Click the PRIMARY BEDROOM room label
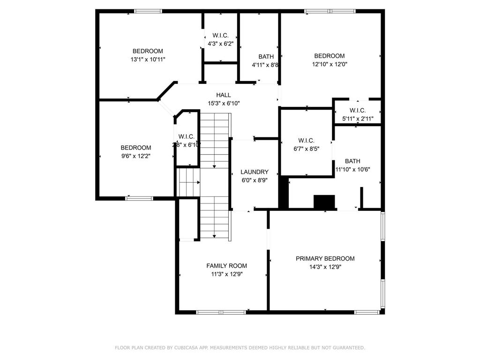click(325, 258)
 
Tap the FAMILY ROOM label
click(226, 266)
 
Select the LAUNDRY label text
click(255, 172)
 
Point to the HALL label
click(223, 95)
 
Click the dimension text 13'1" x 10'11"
click(148, 60)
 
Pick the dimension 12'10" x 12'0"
click(329, 64)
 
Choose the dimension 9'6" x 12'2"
click(135, 156)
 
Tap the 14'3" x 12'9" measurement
click(325, 267)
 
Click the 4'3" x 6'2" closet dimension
click(220, 44)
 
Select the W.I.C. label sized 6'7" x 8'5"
click(306, 141)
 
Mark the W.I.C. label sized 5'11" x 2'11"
click(357, 110)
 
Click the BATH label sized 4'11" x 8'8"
click(266, 57)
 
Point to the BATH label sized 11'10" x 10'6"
click(352, 161)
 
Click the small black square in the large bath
click(324, 202)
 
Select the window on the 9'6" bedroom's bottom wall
click(139, 198)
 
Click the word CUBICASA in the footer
click(185, 348)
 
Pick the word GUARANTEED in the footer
click(347, 348)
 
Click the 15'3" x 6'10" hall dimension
click(223, 104)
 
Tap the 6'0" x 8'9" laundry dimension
click(255, 180)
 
